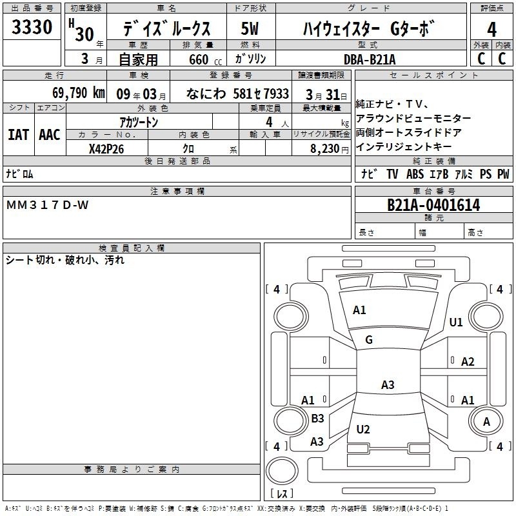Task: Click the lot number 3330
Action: click(x=32, y=26)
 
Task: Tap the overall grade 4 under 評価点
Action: click(x=491, y=30)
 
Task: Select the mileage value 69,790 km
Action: click(x=78, y=93)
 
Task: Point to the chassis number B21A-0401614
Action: click(x=433, y=205)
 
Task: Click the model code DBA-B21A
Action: click(x=370, y=59)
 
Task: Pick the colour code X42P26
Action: click(x=106, y=149)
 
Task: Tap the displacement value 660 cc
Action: click(x=205, y=60)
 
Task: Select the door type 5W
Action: click(x=250, y=28)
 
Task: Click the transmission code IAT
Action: click(x=19, y=135)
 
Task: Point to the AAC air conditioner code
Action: click(x=50, y=135)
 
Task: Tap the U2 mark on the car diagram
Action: click(x=363, y=429)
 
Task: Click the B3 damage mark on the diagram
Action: click(x=317, y=418)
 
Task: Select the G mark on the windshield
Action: click(x=369, y=340)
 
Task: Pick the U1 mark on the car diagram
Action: click(x=456, y=322)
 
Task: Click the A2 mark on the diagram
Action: click(x=468, y=362)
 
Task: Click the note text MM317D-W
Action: click(x=47, y=205)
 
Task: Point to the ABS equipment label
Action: click(x=415, y=174)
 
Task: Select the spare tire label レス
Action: click(x=282, y=493)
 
